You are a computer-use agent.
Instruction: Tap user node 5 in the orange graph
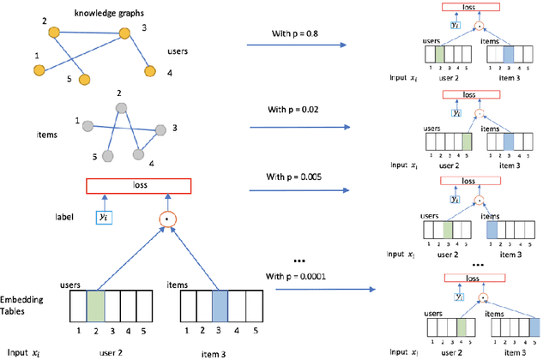pyautogui.click(x=85, y=80)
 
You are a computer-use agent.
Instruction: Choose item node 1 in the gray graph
pyautogui.click(x=88, y=125)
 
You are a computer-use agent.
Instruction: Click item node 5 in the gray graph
pyautogui.click(x=107, y=155)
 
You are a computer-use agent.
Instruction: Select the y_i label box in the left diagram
pyautogui.click(x=105, y=218)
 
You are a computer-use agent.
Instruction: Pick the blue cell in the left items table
pyautogui.click(x=220, y=306)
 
